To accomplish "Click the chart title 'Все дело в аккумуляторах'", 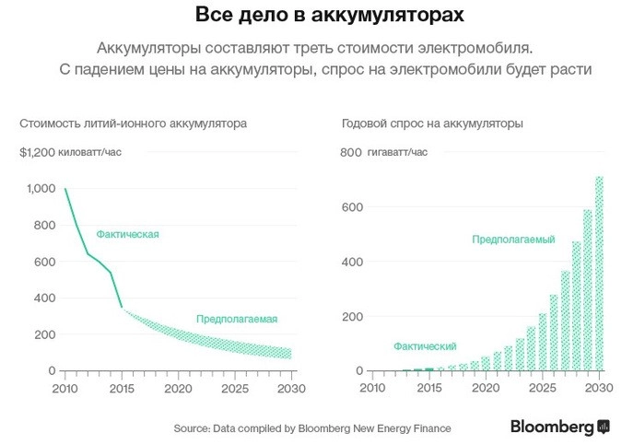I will (x=310, y=16).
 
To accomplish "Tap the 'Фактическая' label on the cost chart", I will (x=128, y=234).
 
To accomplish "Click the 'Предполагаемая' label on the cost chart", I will (x=237, y=319).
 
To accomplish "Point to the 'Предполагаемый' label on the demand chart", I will (x=513, y=240).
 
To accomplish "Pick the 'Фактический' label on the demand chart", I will (x=425, y=345).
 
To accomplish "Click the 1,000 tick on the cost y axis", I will (x=41, y=189).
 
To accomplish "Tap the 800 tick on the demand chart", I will (x=351, y=152).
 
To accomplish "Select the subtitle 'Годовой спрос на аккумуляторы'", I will (x=431, y=123).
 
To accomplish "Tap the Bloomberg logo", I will (x=560, y=427).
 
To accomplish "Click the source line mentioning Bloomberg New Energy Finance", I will (x=312, y=428).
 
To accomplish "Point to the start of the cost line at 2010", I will (x=65, y=189).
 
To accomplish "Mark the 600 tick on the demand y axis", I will (x=351, y=207).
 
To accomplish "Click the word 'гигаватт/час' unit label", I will (x=398, y=152).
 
